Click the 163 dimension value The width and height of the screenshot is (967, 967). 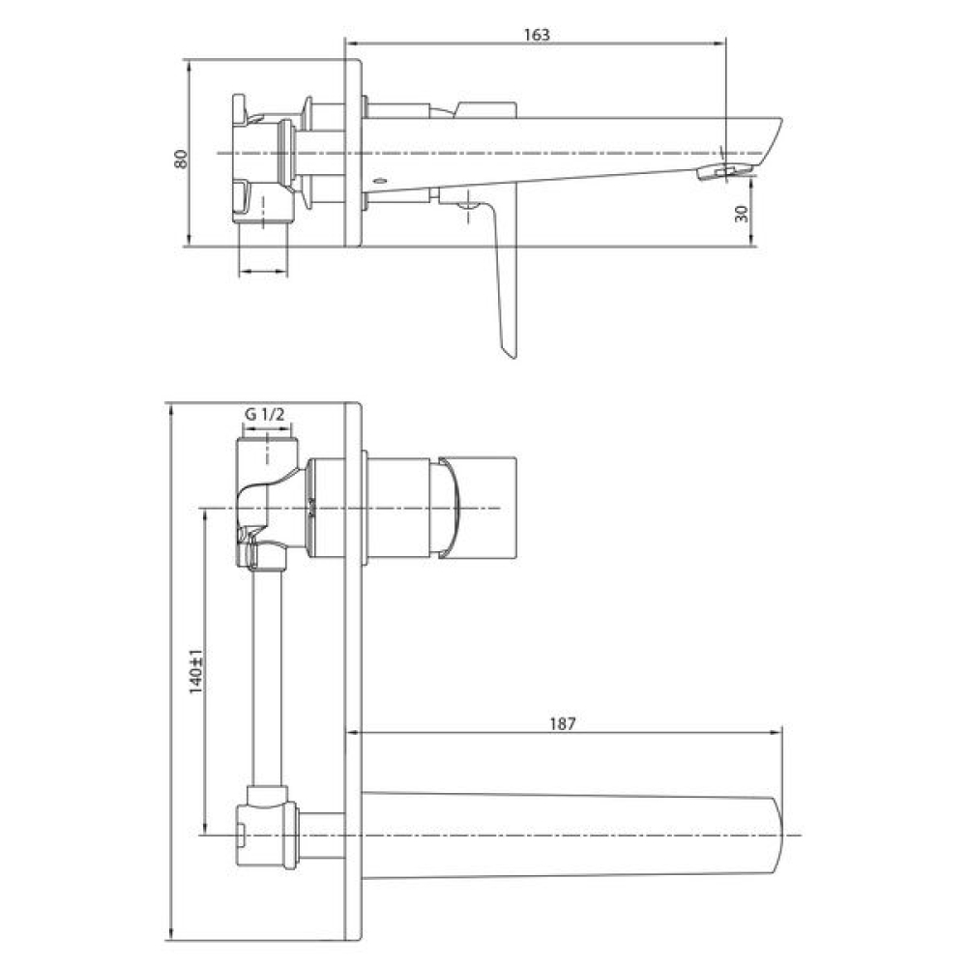tap(537, 35)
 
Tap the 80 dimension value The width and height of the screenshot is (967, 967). tap(181, 160)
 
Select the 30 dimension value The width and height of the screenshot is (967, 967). tap(742, 214)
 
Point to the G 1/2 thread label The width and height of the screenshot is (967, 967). tap(265, 415)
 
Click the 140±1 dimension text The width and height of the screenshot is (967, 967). tap(195, 672)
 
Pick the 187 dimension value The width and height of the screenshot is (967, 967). tap(562, 723)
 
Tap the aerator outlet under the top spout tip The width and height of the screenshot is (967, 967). tap(725, 171)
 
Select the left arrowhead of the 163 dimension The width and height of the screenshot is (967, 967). tap(353, 44)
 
